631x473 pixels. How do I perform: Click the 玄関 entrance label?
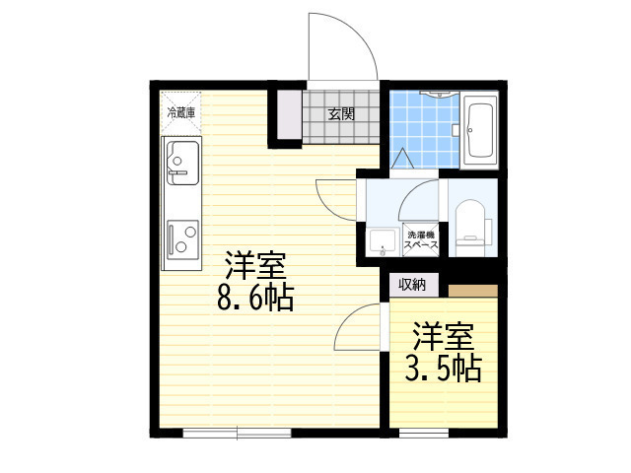(341, 114)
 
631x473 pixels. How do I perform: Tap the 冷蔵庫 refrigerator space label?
(181, 112)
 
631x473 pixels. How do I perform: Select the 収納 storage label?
(412, 285)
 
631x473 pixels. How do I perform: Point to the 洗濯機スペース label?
(421, 239)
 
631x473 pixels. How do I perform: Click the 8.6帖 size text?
(255, 298)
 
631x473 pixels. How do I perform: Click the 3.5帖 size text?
(443, 369)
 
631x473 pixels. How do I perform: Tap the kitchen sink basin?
(182, 163)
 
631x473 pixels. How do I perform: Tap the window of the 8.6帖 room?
(237, 433)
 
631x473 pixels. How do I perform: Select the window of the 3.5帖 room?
(424, 433)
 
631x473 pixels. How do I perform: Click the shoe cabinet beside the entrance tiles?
(289, 115)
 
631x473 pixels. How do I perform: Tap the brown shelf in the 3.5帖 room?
(473, 291)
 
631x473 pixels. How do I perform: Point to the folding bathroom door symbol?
(402, 159)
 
